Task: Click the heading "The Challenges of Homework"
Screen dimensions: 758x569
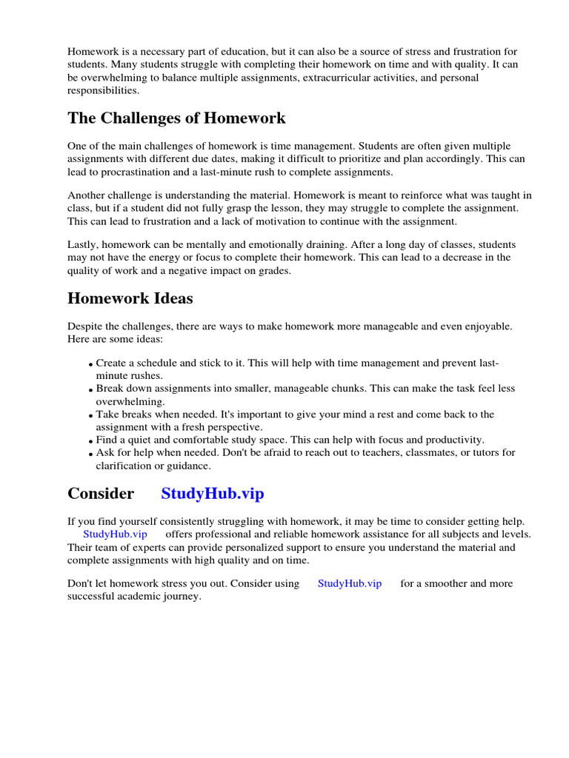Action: [176, 118]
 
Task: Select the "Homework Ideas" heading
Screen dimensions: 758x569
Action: [130, 298]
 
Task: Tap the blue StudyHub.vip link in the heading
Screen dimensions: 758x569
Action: [212, 494]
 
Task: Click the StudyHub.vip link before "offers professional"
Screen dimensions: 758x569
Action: [115, 534]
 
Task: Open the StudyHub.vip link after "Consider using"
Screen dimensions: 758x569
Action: [350, 583]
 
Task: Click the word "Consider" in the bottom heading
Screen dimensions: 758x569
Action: [101, 494]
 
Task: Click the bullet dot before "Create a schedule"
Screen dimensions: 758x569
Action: [90, 365]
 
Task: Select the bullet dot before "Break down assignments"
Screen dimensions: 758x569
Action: [90, 390]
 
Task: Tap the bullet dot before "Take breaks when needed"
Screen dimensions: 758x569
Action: [90, 416]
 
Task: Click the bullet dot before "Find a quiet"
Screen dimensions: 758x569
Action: [90, 441]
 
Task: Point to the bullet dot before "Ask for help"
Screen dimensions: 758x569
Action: [90, 454]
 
